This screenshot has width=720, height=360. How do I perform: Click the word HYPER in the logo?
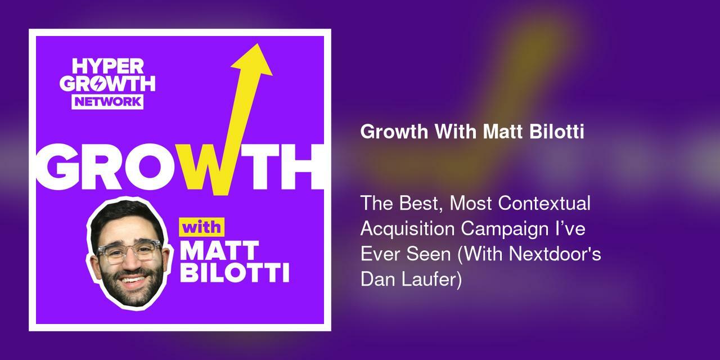coord(107,66)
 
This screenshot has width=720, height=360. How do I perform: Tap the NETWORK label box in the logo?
coord(107,101)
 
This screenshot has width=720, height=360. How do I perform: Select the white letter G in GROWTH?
coord(63,168)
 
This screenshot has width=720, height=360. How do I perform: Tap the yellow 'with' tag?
coord(201,228)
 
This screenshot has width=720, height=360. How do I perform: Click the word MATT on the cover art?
coord(219,250)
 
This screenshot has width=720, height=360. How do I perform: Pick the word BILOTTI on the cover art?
coord(234,273)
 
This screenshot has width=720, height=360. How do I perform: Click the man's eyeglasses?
coord(128,252)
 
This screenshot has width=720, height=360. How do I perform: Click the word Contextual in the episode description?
coord(544,203)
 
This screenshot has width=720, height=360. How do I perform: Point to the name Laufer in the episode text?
coord(433,279)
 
